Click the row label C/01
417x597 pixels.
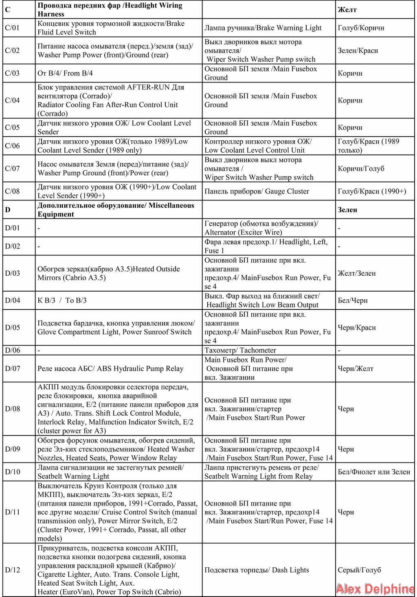click(12, 28)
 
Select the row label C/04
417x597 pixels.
click(12, 100)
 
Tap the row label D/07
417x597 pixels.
click(13, 368)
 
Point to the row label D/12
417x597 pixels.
click(13, 570)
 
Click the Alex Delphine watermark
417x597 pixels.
click(375, 588)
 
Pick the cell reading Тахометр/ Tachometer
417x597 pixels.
click(240, 350)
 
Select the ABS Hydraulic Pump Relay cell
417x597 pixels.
click(110, 368)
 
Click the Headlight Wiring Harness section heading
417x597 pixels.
click(110, 10)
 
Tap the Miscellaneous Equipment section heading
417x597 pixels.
click(116, 210)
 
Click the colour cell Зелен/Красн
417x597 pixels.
click(358, 50)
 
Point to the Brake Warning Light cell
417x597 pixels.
click(263, 28)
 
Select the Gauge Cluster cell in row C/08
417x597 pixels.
click(257, 191)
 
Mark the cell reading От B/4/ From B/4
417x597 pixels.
click(65, 73)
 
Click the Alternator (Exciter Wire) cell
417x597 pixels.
click(261, 228)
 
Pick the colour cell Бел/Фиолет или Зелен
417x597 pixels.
click(373, 472)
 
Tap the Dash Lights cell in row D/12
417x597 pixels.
click(257, 570)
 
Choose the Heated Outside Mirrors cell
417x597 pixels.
click(109, 273)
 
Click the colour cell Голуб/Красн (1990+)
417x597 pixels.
click(372, 191)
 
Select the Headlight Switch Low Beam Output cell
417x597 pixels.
click(262, 301)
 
